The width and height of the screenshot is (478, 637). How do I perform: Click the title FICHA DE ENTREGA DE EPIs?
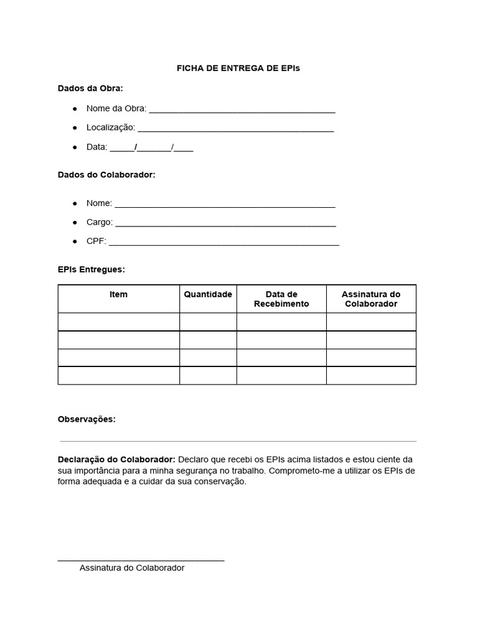coord(238,68)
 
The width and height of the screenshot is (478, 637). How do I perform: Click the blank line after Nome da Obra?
coord(242,111)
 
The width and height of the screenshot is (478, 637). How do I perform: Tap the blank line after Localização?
coord(235,129)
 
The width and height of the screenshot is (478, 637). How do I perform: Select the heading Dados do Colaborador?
coord(106,175)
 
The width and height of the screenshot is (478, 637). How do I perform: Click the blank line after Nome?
coord(225,205)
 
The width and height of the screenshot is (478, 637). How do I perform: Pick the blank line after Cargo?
coord(225,224)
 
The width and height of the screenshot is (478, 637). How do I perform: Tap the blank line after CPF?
coord(224,243)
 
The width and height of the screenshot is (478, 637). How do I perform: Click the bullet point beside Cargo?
coord(75,222)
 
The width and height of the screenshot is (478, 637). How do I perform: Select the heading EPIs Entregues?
coord(91,269)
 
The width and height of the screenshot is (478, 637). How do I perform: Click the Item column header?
coord(118,294)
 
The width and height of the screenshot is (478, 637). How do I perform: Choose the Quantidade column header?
coord(208,294)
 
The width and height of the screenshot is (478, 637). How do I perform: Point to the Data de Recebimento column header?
coord(281,299)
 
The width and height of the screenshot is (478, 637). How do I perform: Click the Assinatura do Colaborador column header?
coord(371,299)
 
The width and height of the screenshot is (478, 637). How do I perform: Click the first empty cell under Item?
coord(119,322)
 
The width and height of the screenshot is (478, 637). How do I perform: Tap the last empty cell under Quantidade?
coord(208,376)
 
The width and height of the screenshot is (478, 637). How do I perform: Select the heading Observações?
coord(87,419)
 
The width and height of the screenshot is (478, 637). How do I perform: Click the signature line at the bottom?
coord(141,560)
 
